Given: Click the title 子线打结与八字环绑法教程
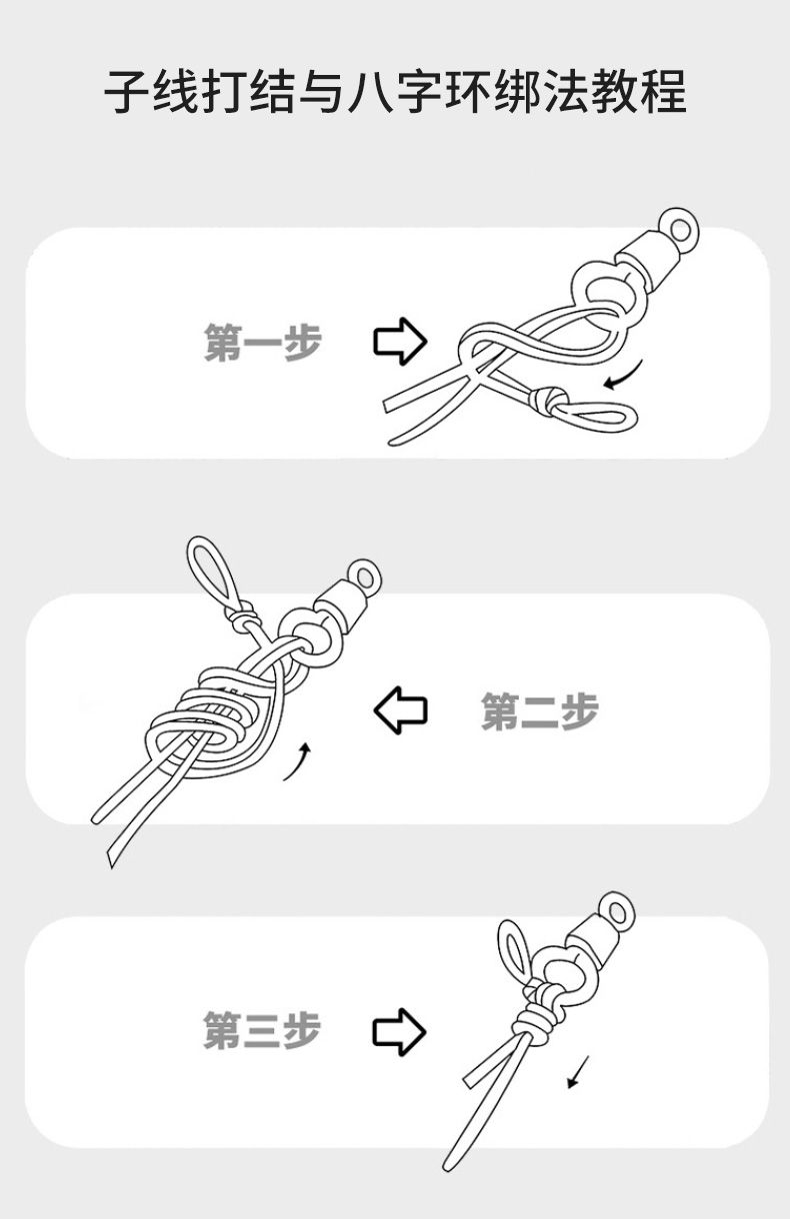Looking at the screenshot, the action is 395,92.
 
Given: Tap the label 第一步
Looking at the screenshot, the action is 263,342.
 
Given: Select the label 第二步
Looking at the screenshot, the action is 539,710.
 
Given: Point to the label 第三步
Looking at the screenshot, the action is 262,1029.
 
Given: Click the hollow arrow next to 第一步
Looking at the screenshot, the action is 400,341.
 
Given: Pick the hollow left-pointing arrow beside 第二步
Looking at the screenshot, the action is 400,710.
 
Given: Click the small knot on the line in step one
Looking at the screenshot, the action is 546,401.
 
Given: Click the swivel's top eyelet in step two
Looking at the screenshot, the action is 364,578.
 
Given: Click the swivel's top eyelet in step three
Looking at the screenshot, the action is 617,911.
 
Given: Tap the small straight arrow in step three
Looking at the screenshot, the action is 578,1072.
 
